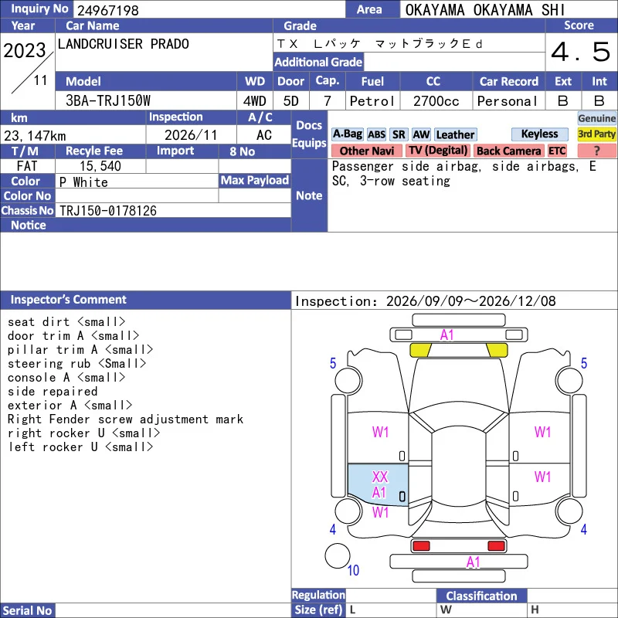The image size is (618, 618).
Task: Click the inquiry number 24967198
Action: (107, 10)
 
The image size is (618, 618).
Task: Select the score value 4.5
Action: (581, 52)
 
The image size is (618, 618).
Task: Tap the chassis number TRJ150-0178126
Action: (107, 211)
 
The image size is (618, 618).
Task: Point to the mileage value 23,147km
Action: (35, 136)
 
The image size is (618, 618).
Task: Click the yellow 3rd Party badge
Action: (596, 134)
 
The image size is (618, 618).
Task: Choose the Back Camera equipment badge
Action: (508, 151)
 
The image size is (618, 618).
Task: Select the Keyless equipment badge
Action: (539, 134)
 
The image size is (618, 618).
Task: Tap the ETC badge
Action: (557, 151)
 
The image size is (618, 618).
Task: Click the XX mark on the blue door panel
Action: (380, 477)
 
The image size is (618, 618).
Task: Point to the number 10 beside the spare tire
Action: (353, 570)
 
